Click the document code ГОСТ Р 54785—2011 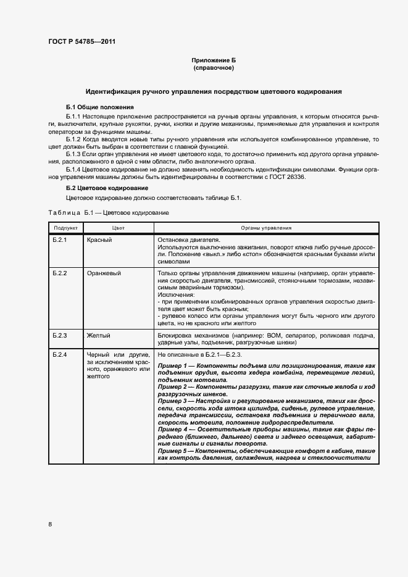[81, 42]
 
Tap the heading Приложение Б [214, 60]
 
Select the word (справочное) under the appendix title [214, 68]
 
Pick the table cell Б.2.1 [60, 239]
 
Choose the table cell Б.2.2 [60, 273]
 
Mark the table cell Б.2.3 [60, 336]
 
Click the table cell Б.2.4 [60, 355]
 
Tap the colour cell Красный [99, 239]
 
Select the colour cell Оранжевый [104, 273]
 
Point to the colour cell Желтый [99, 336]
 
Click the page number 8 [50, 525]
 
